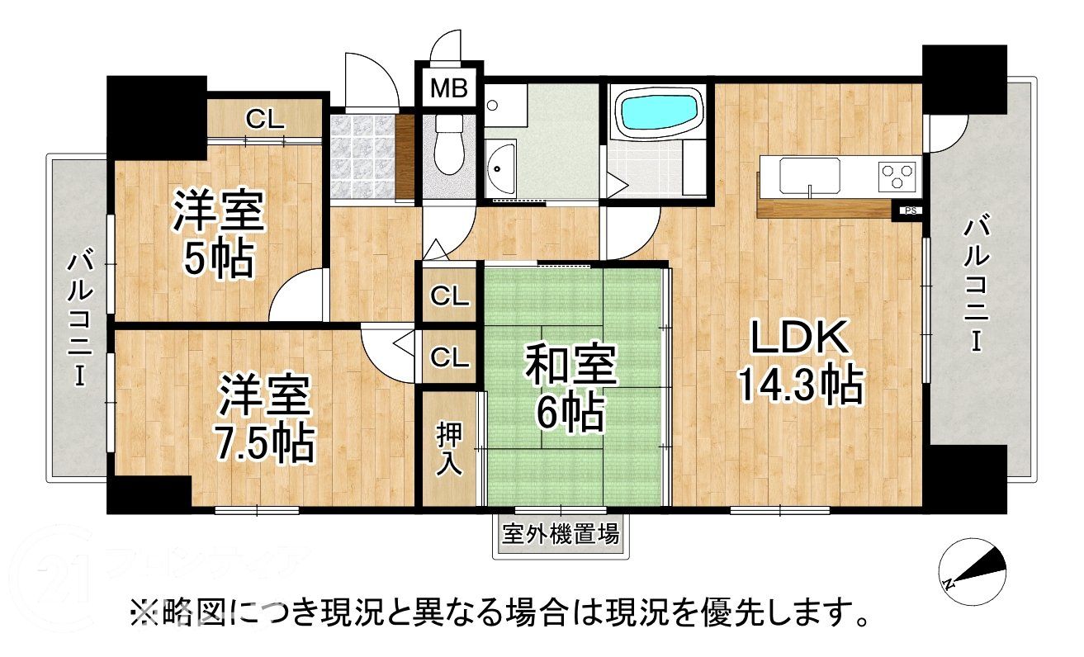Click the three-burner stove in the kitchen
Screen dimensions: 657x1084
897,173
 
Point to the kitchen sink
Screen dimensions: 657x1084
810,174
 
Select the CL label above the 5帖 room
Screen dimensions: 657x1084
265,118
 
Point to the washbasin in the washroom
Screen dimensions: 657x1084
500,168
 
